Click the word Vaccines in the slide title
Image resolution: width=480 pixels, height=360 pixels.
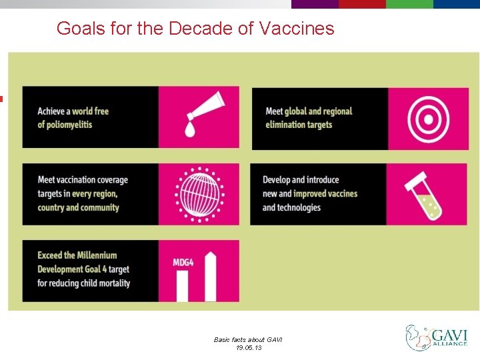(296, 29)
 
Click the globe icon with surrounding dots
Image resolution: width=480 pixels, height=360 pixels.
(198, 193)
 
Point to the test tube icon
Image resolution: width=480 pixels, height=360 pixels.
(425, 195)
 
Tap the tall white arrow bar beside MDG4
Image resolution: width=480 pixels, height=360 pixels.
(211, 277)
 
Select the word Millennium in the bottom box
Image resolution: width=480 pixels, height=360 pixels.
(95, 255)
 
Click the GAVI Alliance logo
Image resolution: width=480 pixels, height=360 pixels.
(436, 337)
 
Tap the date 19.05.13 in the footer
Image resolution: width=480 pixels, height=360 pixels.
(248, 347)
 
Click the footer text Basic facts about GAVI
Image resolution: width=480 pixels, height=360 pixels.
(248, 339)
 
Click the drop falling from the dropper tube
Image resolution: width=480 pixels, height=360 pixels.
(191, 129)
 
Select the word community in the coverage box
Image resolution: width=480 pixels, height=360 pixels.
(95, 207)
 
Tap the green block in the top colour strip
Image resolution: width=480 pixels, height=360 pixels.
(409, 4)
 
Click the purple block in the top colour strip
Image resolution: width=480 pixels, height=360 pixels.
(315, 4)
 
